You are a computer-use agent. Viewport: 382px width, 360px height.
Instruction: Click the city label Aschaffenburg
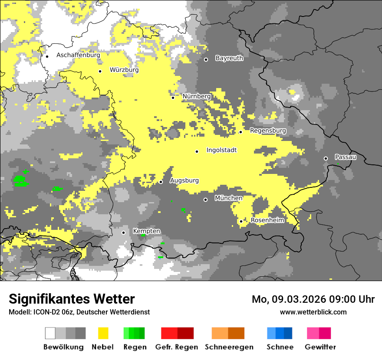coord(78,55)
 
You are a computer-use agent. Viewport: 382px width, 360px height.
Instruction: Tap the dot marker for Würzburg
coord(100,71)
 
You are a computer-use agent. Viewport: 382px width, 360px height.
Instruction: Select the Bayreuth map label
coord(229,58)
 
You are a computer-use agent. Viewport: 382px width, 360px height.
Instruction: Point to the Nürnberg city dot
coord(173,98)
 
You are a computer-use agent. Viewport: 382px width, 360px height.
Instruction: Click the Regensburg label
coord(268,131)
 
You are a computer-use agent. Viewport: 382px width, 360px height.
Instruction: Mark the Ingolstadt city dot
coord(197,151)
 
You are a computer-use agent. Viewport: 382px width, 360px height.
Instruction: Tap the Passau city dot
coord(326,158)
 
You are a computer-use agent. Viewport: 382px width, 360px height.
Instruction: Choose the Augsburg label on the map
coord(184,180)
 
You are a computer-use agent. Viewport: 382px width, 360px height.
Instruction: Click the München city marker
coord(206,200)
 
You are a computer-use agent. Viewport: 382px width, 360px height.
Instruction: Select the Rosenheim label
coord(267,220)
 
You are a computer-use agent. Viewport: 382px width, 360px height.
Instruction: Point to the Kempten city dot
coord(123,232)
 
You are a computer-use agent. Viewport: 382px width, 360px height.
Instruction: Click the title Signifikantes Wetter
coord(72,299)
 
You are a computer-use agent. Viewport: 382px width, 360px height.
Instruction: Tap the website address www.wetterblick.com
coord(313,312)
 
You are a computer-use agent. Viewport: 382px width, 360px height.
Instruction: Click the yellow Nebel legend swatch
coord(103,333)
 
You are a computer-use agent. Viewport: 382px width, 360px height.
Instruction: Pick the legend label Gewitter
coord(320,347)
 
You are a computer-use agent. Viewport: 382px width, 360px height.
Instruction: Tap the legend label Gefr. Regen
coord(176,347)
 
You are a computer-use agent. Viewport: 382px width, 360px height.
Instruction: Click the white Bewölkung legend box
coord(50,333)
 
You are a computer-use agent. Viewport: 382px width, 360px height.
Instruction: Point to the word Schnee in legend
coord(280,347)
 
